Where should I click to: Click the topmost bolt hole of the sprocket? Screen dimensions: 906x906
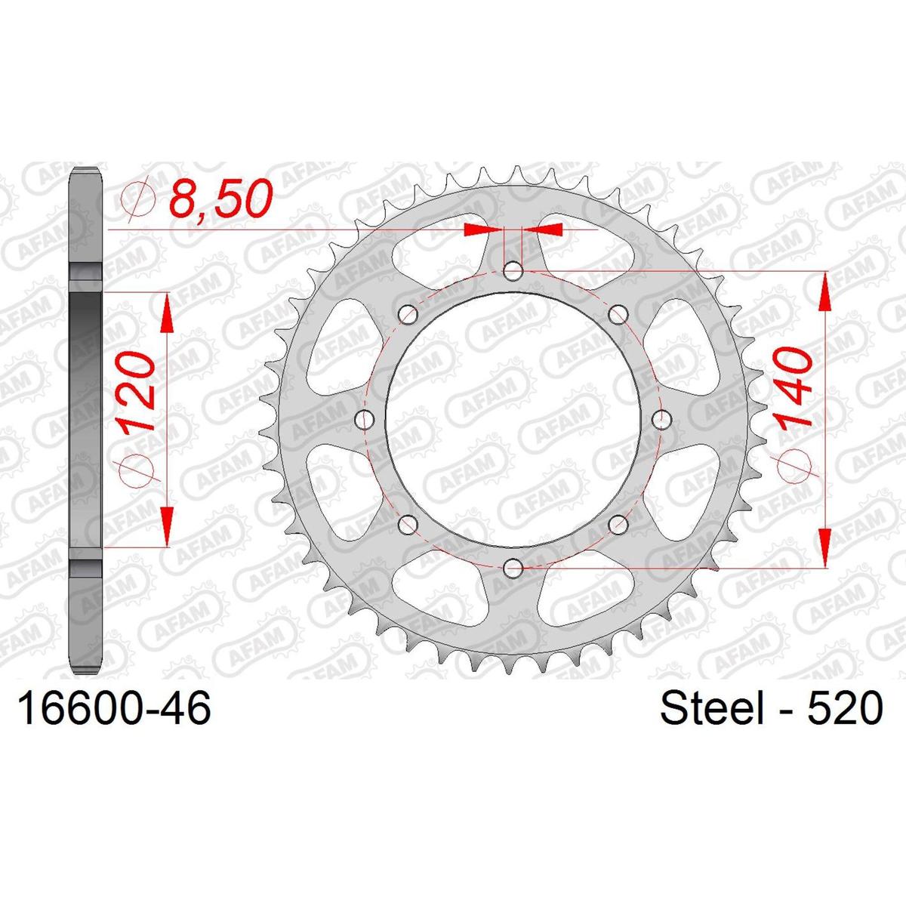point(513,272)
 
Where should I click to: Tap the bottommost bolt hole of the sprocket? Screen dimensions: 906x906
point(513,569)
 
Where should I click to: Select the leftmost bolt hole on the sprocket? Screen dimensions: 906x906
point(365,420)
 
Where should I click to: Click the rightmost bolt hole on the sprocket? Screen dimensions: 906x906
point(662,420)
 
